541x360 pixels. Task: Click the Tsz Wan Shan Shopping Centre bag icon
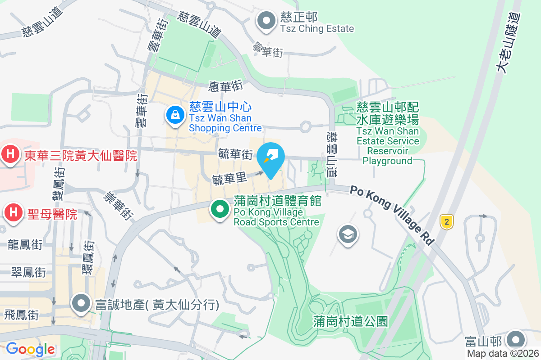(x=174, y=115)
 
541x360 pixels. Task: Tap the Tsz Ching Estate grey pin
(x=266, y=21)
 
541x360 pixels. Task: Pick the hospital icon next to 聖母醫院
(x=14, y=212)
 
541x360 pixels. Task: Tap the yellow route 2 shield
(x=446, y=221)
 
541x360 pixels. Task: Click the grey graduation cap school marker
(x=348, y=234)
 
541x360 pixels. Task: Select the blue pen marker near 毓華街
(x=270, y=157)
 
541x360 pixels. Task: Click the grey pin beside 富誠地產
(x=81, y=304)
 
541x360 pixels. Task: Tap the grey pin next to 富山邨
(x=516, y=340)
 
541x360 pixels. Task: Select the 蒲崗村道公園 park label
(x=350, y=321)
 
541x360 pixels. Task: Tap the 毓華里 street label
(x=229, y=178)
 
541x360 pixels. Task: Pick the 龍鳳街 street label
(x=25, y=245)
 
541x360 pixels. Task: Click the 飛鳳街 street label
(x=22, y=315)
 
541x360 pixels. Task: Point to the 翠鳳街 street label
(x=28, y=272)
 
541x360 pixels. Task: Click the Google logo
(x=30, y=349)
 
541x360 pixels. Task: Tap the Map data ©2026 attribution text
(x=503, y=353)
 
